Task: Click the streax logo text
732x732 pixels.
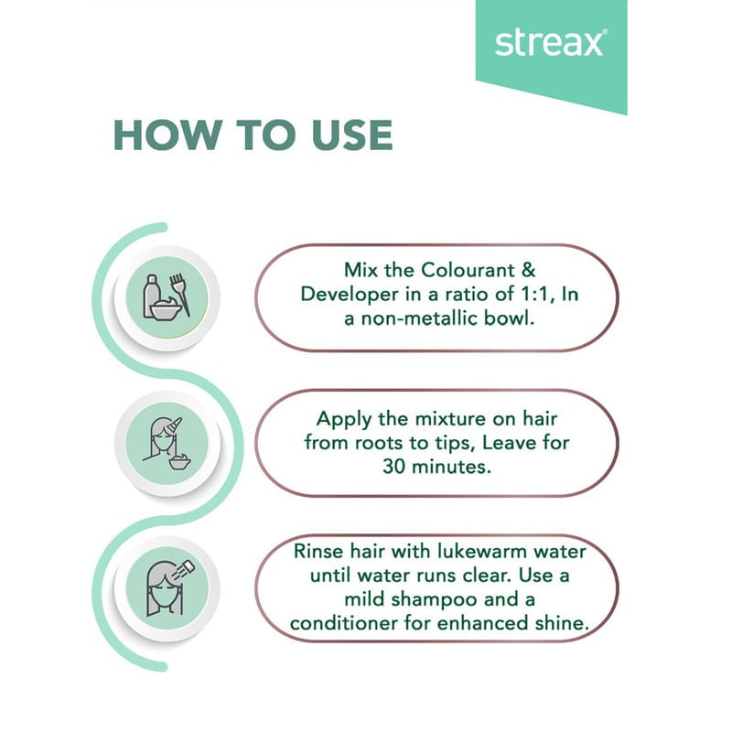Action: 551,43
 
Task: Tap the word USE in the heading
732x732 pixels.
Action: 352,135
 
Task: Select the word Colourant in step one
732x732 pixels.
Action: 468,270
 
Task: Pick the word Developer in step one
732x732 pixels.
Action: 350,295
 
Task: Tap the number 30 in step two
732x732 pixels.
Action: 394,467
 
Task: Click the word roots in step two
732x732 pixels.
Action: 380,443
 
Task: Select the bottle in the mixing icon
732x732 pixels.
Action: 151,296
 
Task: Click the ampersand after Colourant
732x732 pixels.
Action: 528,270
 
